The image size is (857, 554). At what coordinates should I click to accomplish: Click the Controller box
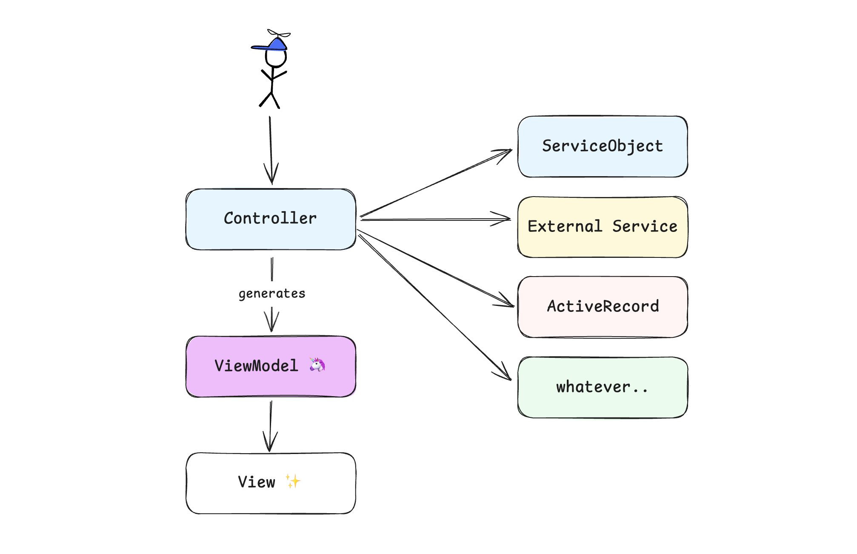click(x=271, y=219)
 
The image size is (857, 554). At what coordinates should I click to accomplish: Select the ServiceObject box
click(x=603, y=146)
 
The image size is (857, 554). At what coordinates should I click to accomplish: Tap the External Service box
click(x=603, y=227)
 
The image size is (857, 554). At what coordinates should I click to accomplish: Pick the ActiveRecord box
click(x=603, y=307)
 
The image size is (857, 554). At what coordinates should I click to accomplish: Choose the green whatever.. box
click(x=603, y=387)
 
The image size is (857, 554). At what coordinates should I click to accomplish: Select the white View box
click(x=271, y=483)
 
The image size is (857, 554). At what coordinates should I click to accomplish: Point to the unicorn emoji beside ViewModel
click(x=317, y=365)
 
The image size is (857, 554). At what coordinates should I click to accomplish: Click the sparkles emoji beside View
click(x=293, y=481)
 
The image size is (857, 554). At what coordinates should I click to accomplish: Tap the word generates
click(x=272, y=294)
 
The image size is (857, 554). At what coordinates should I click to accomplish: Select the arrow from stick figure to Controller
click(x=271, y=149)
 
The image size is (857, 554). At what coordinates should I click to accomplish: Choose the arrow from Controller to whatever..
click(x=434, y=307)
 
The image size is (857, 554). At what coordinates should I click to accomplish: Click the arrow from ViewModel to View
click(x=270, y=425)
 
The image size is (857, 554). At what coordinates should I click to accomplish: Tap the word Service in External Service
click(x=645, y=227)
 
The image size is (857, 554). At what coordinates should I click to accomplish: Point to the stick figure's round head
click(x=276, y=59)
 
